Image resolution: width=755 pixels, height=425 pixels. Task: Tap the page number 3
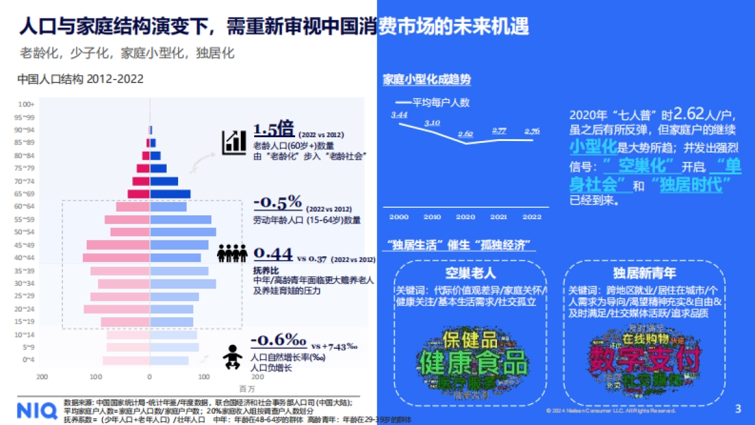[738, 409]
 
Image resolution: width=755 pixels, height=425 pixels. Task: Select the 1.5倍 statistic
[274, 130]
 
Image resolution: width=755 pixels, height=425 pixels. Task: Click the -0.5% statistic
[278, 203]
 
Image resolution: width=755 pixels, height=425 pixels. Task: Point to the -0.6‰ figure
[278, 340]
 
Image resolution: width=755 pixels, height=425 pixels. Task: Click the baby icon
[232, 356]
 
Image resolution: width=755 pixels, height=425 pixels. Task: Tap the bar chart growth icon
[233, 142]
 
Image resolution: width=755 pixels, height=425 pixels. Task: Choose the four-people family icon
[232, 253]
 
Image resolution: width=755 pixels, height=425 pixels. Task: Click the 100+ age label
[26, 104]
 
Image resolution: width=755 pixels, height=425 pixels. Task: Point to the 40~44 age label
[26, 258]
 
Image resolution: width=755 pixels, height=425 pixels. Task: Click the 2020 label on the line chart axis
[466, 217]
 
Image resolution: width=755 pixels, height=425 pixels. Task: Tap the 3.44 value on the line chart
[399, 115]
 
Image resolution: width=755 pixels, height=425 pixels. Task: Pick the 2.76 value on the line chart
[532, 131]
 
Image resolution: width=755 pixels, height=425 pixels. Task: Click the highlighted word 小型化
[592, 147]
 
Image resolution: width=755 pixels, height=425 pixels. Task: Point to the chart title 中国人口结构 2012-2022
[81, 79]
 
